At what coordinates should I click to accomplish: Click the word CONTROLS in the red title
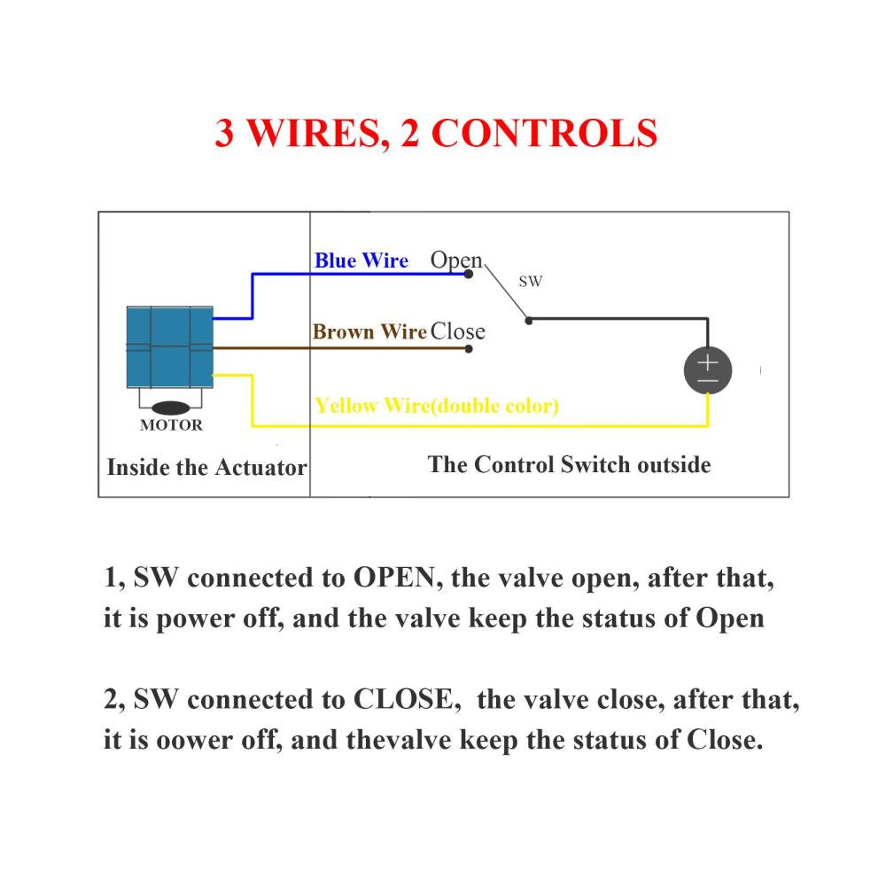(544, 134)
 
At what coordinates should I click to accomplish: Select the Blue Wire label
(361, 260)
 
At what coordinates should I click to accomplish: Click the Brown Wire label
(369, 331)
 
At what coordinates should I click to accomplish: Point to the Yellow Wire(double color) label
(437, 406)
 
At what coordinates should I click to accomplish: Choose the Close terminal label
(458, 331)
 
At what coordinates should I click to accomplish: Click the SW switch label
(531, 282)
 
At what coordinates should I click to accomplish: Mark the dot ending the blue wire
(469, 274)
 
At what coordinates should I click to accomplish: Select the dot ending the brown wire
(469, 349)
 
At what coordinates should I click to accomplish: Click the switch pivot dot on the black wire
(529, 321)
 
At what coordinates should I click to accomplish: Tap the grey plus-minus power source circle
(708, 370)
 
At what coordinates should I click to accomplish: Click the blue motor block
(169, 347)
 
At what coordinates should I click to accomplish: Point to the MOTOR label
(171, 425)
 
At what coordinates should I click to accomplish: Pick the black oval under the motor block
(171, 408)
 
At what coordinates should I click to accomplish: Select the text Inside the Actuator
(206, 468)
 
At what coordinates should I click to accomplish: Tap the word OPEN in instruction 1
(394, 578)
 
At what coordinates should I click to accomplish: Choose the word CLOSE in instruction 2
(403, 700)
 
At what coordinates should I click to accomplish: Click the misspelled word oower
(194, 741)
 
